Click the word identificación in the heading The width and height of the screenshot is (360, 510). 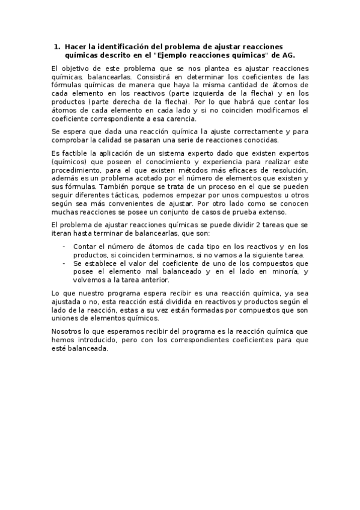[x=112, y=46]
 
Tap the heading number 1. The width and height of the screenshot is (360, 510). [x=56, y=46]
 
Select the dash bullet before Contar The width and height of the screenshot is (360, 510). [x=64, y=247]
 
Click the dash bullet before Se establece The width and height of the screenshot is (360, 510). [x=64, y=263]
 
